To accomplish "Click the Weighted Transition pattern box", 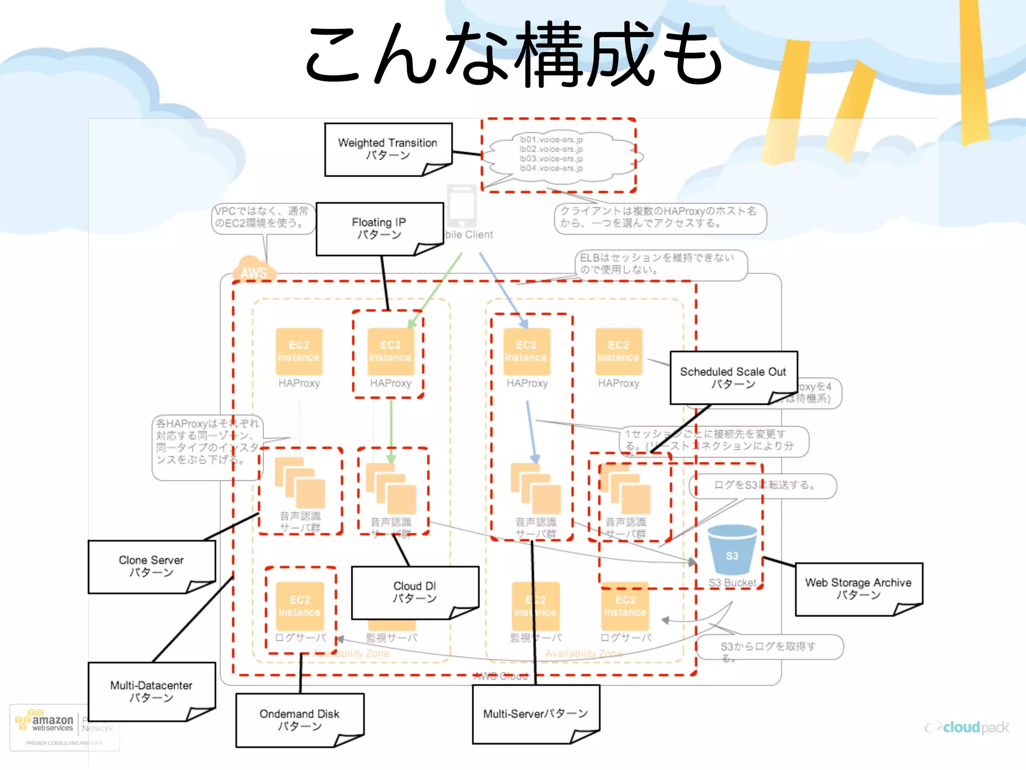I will [388, 149].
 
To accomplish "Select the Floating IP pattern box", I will [379, 228].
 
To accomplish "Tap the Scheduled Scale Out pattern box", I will [733, 377].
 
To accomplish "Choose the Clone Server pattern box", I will [151, 566].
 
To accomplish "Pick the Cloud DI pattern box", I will [415, 592].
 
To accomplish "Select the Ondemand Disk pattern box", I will [300, 719].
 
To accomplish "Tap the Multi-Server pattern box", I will [536, 713].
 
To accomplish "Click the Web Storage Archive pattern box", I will [858, 588].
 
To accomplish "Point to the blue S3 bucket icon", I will [732, 550].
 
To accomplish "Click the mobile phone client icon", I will [461, 206].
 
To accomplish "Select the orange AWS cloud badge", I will [253, 269].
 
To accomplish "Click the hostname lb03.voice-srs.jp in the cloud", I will [551, 158].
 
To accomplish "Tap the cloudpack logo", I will [967, 727].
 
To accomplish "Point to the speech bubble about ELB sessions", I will [660, 264].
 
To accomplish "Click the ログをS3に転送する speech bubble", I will [762, 485].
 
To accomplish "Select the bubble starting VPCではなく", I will [263, 218].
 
